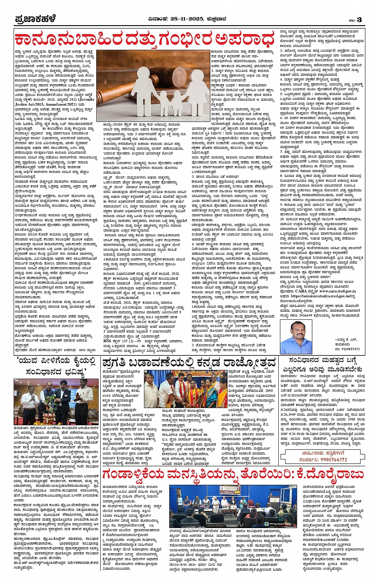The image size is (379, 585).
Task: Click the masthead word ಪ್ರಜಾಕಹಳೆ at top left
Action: (x=35, y=19)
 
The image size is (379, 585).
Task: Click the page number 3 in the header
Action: (x=359, y=20)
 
